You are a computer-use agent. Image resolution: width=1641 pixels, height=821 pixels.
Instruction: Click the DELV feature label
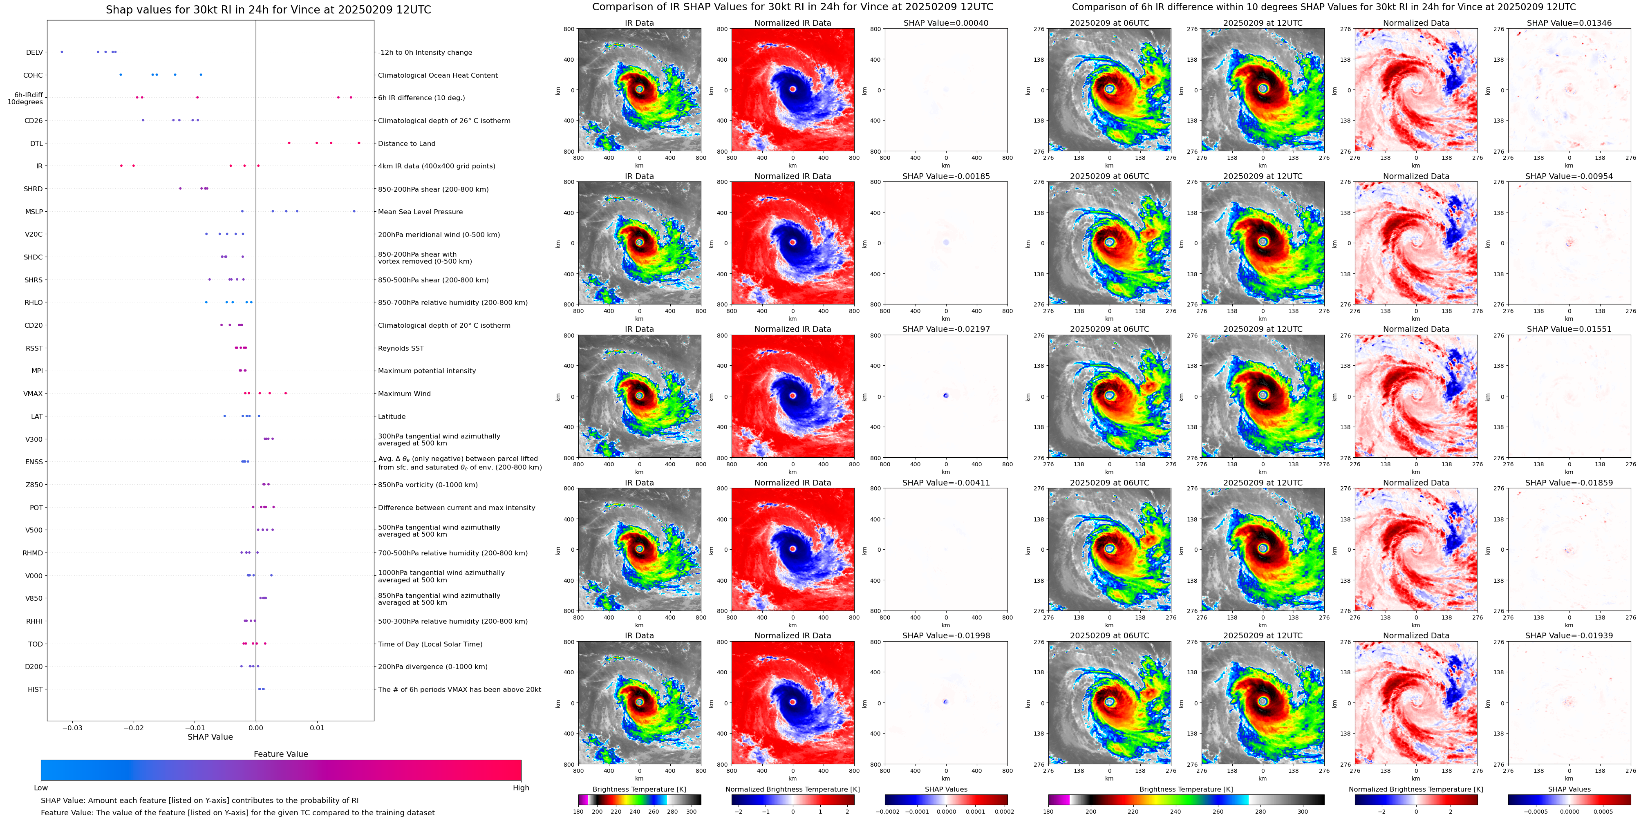tap(34, 53)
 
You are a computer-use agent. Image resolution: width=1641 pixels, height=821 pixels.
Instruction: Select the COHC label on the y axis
tap(33, 75)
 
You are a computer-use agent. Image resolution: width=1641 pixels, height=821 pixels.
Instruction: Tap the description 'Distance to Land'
tap(406, 143)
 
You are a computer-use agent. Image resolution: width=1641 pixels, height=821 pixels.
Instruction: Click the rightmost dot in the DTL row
tap(359, 143)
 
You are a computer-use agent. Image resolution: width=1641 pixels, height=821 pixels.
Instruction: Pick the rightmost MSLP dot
tap(354, 211)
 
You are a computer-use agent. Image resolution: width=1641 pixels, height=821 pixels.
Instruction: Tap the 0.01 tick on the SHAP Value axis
tap(317, 727)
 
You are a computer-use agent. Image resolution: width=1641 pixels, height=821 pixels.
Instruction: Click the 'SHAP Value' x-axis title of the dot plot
tap(210, 737)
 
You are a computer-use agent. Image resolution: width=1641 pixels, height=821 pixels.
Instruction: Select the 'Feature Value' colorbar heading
tap(280, 754)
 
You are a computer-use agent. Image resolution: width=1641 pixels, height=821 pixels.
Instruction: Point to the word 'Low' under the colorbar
tap(41, 788)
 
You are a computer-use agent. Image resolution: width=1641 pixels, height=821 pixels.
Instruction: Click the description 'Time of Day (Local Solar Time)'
tap(430, 644)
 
